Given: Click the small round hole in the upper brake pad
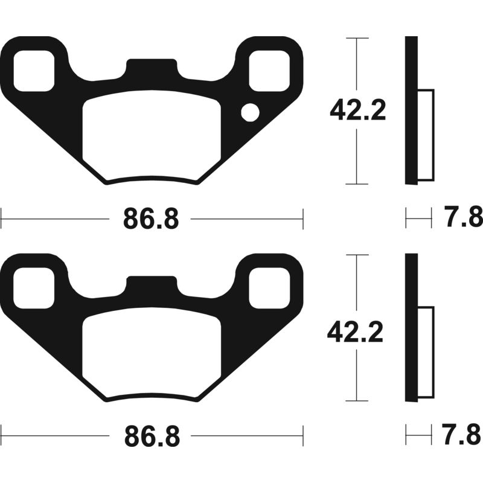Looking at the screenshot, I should point(249,112).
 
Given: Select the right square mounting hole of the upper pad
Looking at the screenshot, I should point(268,71).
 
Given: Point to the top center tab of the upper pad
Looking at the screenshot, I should point(151,66).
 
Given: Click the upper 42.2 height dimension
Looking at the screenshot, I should point(357,110).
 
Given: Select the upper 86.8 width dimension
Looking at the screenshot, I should point(151,219).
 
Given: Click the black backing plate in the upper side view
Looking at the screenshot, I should point(411,110).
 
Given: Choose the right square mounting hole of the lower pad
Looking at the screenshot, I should point(268,288).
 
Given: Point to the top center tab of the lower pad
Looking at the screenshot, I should point(151,284).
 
